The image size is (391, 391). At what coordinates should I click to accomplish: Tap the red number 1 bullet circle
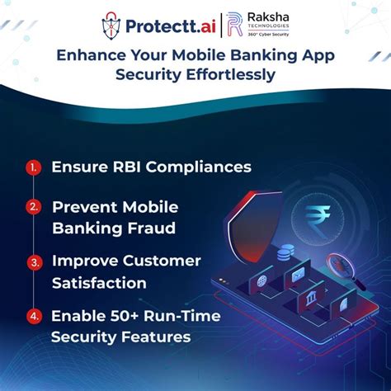[34, 167]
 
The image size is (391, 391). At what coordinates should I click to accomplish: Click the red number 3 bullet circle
[34, 262]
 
